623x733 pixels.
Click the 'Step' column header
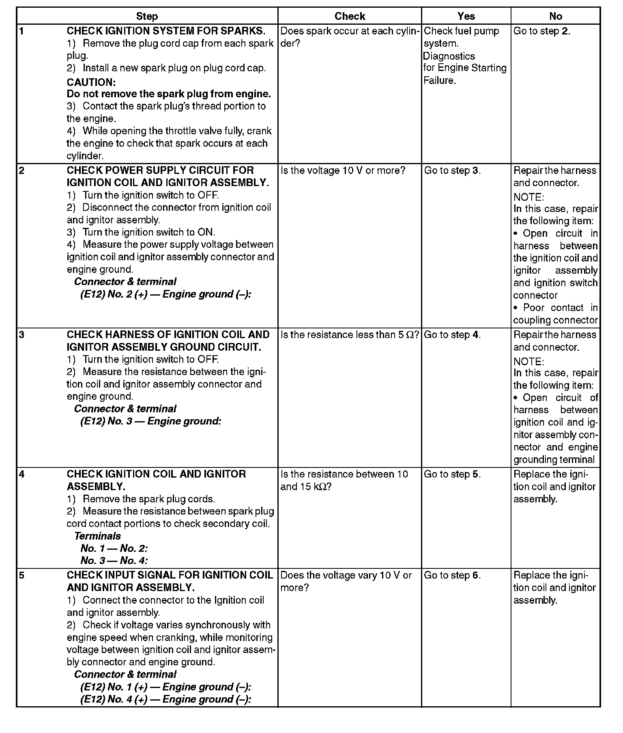(x=147, y=16)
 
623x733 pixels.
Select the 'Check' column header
(x=350, y=16)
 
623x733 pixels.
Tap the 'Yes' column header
(x=466, y=16)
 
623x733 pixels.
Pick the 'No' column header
(x=555, y=16)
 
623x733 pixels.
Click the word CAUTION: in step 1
(x=91, y=82)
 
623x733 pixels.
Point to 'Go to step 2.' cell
(x=542, y=31)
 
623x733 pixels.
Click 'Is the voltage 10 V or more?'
(x=343, y=171)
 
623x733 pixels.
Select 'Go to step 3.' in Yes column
(x=452, y=171)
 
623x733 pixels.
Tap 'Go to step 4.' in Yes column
(x=452, y=335)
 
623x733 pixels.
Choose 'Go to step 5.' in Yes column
(x=452, y=474)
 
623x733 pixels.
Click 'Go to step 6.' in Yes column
(x=452, y=575)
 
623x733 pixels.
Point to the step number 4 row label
(x=21, y=474)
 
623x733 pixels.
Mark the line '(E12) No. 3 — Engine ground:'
(x=150, y=421)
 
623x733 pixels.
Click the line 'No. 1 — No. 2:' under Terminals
(x=114, y=549)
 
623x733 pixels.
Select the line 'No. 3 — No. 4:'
(x=114, y=561)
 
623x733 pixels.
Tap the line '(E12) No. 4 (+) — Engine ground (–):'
(x=165, y=699)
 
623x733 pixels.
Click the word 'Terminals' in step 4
(x=97, y=536)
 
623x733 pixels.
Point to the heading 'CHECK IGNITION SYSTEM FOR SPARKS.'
(x=166, y=31)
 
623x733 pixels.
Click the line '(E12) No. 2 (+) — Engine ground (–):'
(x=165, y=294)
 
